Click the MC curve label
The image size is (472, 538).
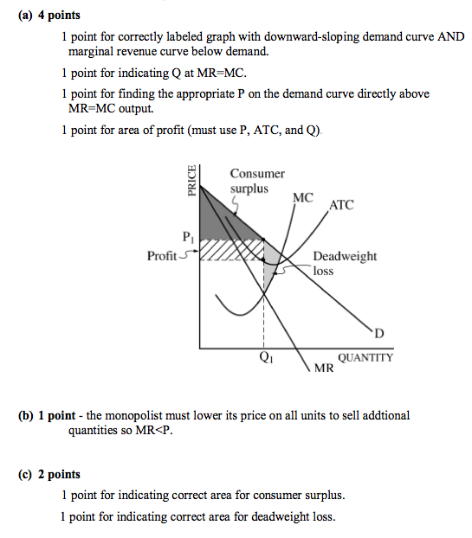pyautogui.click(x=303, y=197)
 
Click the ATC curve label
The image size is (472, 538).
pyautogui.click(x=341, y=205)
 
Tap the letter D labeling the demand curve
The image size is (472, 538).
pyautogui.click(x=378, y=334)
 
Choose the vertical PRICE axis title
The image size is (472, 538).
pyautogui.click(x=192, y=182)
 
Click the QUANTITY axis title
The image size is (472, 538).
pyautogui.click(x=365, y=357)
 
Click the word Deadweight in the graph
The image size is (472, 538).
pyautogui.click(x=345, y=256)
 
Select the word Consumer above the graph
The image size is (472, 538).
pyautogui.click(x=257, y=174)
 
